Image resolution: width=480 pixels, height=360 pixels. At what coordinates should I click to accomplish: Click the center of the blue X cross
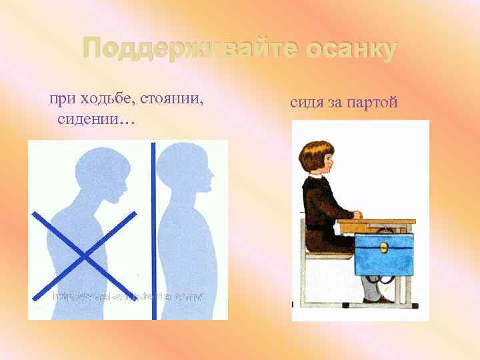(x=83, y=255)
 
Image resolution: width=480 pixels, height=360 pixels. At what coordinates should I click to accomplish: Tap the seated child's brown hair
(x=315, y=155)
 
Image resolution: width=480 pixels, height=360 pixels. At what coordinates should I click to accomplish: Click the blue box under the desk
(x=383, y=253)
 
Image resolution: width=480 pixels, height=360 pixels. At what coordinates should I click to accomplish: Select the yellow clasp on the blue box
(x=383, y=247)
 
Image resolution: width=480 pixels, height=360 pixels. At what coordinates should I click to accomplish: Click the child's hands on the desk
(x=355, y=215)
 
